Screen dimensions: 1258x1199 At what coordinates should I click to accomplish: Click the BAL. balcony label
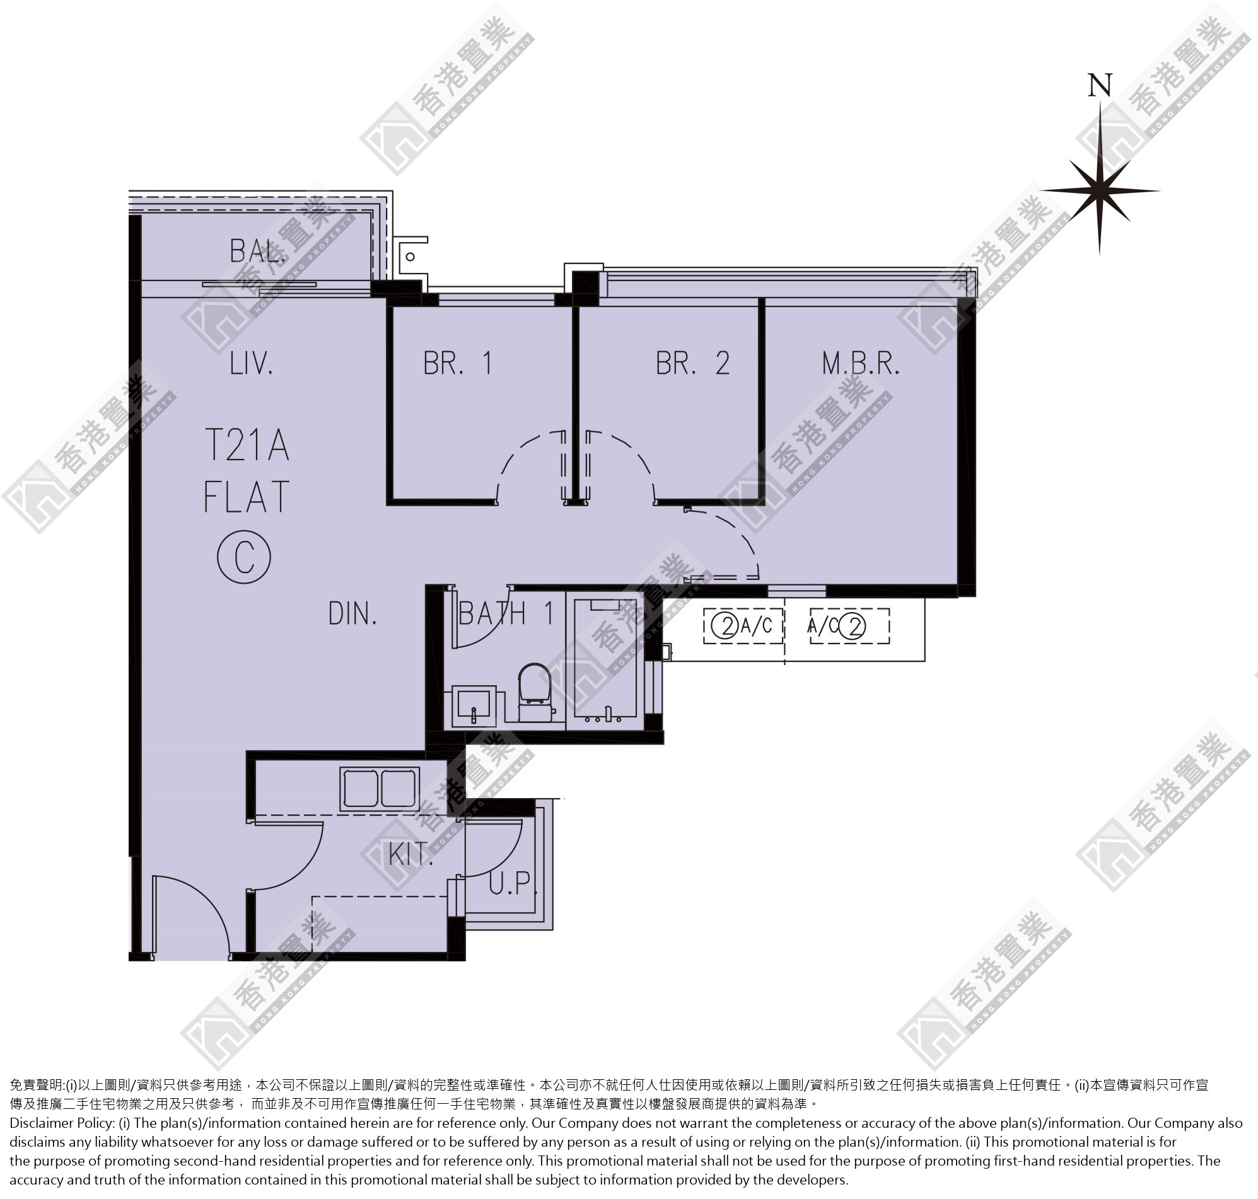pyautogui.click(x=258, y=251)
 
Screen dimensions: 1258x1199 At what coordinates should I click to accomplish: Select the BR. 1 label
pyautogui.click(x=458, y=363)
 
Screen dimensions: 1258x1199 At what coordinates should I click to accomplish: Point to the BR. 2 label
pyautogui.click(x=693, y=363)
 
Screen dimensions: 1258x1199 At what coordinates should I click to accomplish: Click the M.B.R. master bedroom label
pyautogui.click(x=861, y=363)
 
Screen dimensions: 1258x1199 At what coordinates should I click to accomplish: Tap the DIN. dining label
pyautogui.click(x=353, y=613)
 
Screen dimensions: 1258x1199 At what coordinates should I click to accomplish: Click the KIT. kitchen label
pyautogui.click(x=411, y=855)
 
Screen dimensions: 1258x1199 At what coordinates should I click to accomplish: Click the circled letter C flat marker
pyautogui.click(x=244, y=557)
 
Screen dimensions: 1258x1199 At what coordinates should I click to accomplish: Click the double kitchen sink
pyautogui.click(x=380, y=789)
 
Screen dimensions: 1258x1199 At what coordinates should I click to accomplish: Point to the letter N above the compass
pyautogui.click(x=1100, y=85)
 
